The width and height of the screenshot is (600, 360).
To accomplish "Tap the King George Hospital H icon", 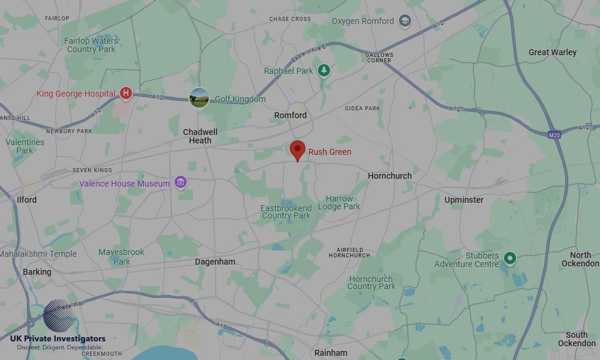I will pos(125,93).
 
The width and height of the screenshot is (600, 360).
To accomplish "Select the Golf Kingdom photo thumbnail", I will pos(199,98).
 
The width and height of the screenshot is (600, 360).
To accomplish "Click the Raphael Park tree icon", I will pos(324,71).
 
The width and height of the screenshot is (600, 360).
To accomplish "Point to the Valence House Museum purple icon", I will pos(180,182).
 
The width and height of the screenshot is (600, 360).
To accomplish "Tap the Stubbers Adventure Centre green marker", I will pos(509,259).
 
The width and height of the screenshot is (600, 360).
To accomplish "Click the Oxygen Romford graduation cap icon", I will pos(405,21).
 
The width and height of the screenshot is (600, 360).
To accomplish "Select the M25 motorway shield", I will pos(554,135).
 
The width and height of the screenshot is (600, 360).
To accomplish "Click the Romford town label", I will pos(290,115).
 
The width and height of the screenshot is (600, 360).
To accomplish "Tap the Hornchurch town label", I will pos(389,176).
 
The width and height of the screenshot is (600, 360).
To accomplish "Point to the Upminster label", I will pos(464,200).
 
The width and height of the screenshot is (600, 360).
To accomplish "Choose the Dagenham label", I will pos(215,262).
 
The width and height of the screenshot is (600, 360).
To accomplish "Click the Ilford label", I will pos(26,200).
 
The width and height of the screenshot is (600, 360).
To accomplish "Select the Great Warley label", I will pos(552,52).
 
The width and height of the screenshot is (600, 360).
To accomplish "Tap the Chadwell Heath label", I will pos(200,136).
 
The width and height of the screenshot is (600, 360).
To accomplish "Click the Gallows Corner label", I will pos(379,58).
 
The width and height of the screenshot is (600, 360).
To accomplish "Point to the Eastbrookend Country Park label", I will pos(286,212).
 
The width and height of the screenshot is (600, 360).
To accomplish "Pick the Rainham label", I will pos(331,353).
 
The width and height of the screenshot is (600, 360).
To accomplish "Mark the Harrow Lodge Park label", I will pos(340,203).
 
